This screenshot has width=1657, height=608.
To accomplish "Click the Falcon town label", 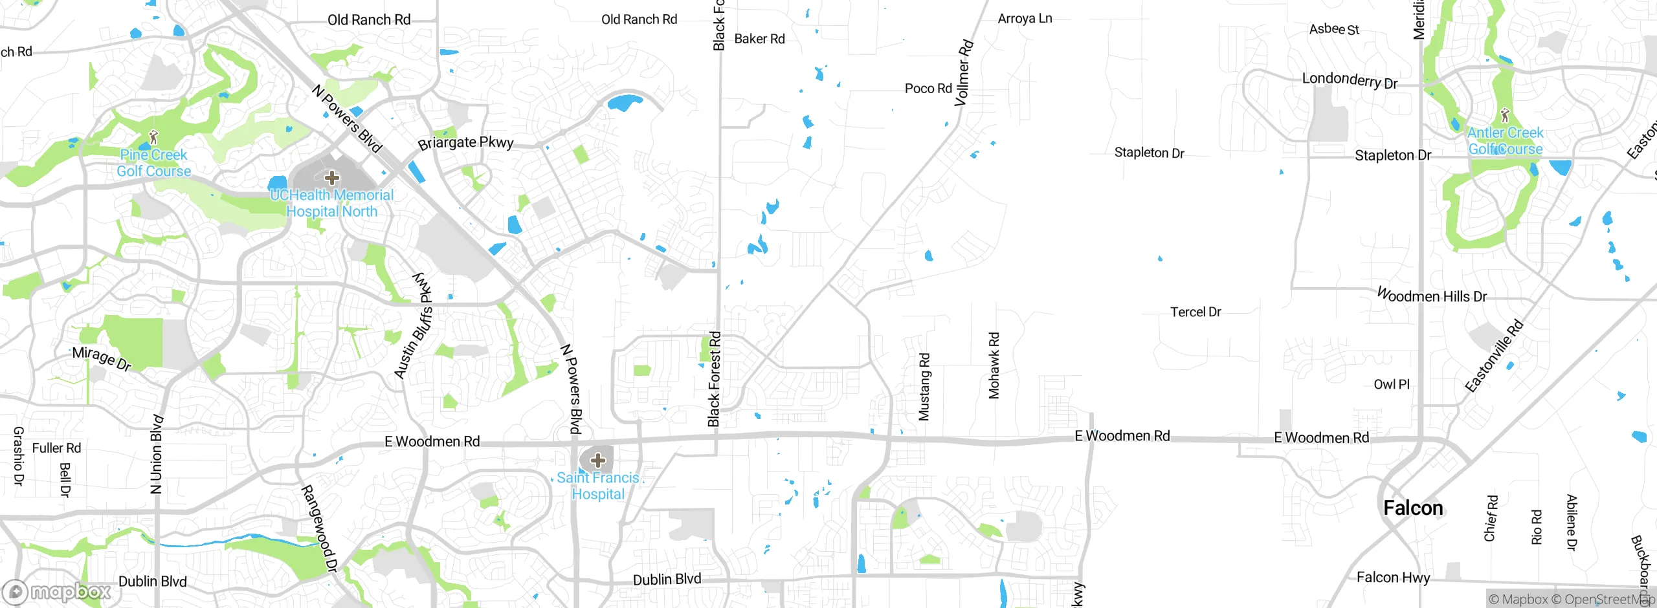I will pos(1413,508).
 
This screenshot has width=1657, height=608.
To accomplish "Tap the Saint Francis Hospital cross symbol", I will pos(597,461).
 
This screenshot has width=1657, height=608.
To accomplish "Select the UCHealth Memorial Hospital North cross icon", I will pos(332,178).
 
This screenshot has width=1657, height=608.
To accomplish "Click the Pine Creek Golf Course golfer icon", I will pos(153,137).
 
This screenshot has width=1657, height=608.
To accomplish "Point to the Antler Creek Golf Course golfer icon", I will pos(1505,115).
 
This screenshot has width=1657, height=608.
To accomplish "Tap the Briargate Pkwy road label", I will pos(465,143).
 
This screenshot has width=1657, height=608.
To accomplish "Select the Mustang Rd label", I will pos(924,387).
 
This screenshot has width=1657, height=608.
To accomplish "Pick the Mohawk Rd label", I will pos(994,365).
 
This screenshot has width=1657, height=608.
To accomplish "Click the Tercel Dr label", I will pos(1195,312).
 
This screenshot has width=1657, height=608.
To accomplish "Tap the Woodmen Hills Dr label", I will pos(1432,296).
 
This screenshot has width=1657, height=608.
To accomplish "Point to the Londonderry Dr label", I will pos(1350,80).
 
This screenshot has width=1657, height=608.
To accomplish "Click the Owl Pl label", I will pos(1392,384).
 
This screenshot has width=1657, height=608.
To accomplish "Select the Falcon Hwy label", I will pos(1393,578).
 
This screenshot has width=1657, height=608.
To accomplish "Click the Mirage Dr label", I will pos(102,358).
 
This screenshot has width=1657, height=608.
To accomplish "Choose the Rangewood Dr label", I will pos(320,528).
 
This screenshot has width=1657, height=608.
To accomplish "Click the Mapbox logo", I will pos(57,592).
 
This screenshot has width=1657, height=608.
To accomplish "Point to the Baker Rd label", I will pos(759,39).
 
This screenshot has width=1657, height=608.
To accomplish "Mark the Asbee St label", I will pos(1334,29).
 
